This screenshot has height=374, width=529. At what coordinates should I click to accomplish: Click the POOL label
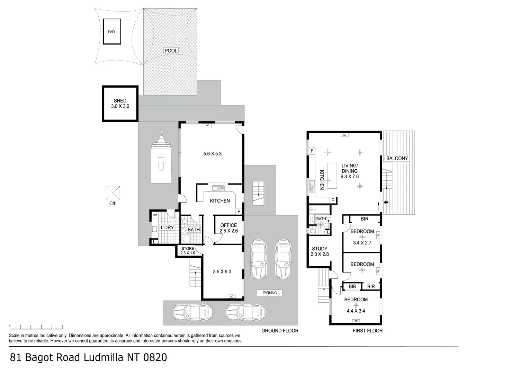tap(171, 51)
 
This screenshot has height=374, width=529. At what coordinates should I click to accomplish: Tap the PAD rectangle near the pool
tap(111, 32)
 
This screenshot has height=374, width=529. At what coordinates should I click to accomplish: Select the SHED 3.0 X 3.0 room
tap(120, 104)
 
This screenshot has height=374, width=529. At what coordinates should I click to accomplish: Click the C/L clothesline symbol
tap(113, 193)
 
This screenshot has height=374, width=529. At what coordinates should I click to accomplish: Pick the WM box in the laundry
tap(154, 215)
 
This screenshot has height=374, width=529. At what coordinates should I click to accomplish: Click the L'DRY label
tap(167, 228)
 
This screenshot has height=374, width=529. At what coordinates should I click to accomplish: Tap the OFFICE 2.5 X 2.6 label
tap(228, 228)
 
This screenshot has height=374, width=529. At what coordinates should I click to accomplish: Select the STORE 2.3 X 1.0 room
tap(188, 251)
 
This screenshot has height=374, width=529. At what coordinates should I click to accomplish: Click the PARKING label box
tap(270, 293)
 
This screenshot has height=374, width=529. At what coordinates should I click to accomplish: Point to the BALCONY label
tap(397, 158)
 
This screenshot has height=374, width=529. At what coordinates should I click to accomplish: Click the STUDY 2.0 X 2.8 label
tap(320, 251)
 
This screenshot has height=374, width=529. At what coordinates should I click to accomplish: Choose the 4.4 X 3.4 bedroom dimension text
tap(356, 311)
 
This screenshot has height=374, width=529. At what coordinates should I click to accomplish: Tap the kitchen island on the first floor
tap(332, 176)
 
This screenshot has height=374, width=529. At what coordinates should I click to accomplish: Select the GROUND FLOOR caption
tap(280, 331)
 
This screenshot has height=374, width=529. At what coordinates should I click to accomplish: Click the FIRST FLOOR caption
tap(368, 331)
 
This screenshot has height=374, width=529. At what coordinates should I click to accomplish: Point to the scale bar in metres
tap(36, 326)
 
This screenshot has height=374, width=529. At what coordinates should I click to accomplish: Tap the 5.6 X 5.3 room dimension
tap(213, 153)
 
